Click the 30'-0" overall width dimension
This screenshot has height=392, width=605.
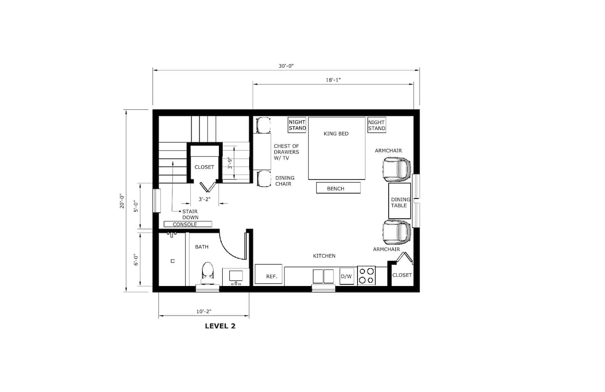point(286,66)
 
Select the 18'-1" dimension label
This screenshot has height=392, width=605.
point(333,80)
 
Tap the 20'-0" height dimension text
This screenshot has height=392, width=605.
point(122,201)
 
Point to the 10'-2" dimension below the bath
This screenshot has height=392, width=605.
point(204,311)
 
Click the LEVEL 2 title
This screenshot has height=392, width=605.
point(220,326)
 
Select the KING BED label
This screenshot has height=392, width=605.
point(336,134)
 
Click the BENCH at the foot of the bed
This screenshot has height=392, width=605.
point(339,188)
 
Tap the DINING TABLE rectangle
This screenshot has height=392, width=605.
point(400,201)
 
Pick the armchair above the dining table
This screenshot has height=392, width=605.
point(397,169)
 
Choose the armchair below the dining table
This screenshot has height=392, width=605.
point(397,232)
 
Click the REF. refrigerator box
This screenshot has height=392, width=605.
point(268,274)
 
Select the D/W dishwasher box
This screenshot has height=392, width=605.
point(347,276)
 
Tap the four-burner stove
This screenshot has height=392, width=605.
point(366,275)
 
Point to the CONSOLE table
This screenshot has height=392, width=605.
point(188,224)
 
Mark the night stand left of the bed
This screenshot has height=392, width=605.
point(297,125)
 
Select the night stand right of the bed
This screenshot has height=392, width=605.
point(377,125)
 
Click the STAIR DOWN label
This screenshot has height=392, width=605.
point(190,215)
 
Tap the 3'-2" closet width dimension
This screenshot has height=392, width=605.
point(205,199)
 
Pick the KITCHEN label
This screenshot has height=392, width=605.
point(324,256)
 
